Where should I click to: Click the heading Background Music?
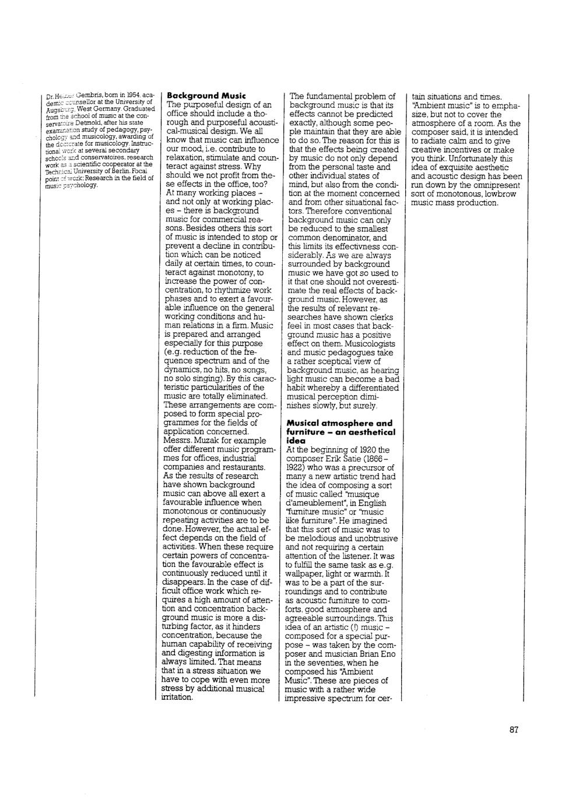tap(206, 95)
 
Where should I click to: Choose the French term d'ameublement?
tap(313, 503)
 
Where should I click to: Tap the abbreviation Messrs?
tap(179, 441)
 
